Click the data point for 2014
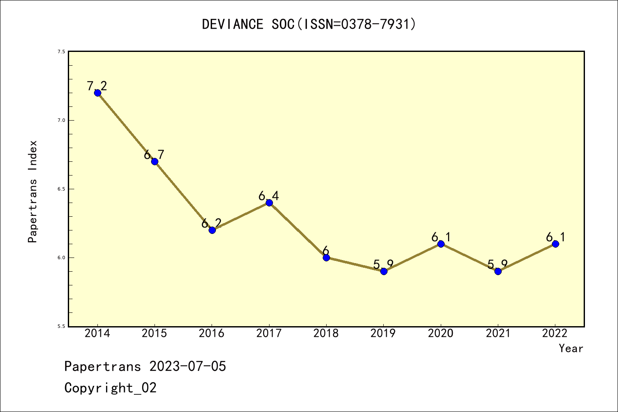tap(97, 93)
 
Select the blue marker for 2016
tap(212, 230)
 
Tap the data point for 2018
tap(326, 257)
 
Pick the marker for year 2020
tap(441, 244)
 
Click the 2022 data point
tap(555, 244)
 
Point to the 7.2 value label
tap(97, 86)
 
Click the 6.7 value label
tap(154, 154)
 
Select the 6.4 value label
tap(269, 196)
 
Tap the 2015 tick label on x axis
tap(154, 333)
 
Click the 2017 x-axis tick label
tap(269, 333)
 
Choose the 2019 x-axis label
tap(383, 333)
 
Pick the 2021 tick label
tap(498, 333)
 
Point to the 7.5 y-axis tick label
tap(61, 51)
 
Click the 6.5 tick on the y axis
tap(61, 189)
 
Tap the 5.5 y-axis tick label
tap(61, 326)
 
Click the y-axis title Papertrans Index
tap(33, 191)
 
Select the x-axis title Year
tap(571, 348)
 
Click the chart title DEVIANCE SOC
tap(309, 24)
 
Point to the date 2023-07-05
tap(188, 367)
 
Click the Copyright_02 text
tap(110, 388)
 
